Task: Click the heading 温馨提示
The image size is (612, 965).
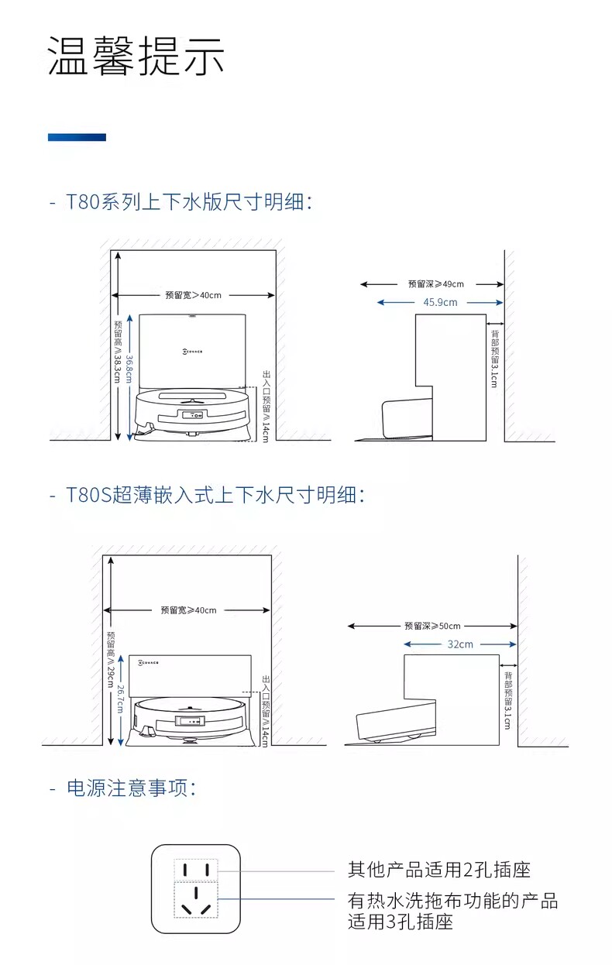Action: (136, 56)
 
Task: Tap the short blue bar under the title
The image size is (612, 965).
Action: (77, 137)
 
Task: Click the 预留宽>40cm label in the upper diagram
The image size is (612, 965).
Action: (193, 295)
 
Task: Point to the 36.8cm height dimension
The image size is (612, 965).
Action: (129, 369)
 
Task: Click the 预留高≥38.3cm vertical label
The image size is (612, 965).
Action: (118, 352)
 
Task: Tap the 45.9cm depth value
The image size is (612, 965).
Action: (440, 302)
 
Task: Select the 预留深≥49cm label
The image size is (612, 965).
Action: (436, 284)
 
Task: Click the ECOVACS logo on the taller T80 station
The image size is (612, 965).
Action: (192, 352)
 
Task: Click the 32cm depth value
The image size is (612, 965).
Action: (460, 644)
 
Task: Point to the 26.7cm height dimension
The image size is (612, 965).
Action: (120, 699)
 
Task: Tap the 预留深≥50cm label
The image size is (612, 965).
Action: (432, 626)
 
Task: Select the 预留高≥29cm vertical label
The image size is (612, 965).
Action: (111, 659)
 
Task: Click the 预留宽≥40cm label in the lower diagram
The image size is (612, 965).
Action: (188, 610)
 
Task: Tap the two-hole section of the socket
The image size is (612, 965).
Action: (196, 871)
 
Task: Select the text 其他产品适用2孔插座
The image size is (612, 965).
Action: (439, 870)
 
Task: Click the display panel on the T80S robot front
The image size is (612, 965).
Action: (190, 720)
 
